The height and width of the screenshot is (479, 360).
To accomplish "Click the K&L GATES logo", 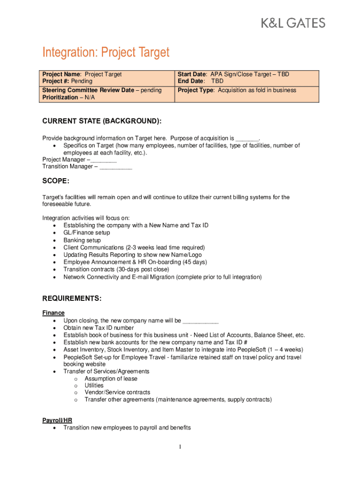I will (293, 22).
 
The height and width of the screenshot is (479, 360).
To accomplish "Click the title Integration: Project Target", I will (106, 52).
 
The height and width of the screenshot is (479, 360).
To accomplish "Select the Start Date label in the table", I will (192, 74).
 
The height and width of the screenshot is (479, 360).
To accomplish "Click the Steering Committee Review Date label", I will (88, 90).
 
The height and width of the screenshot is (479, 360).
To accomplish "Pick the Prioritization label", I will (60, 97).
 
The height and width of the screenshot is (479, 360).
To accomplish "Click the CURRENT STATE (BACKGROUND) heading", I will (102, 121).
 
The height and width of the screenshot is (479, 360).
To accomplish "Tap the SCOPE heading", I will (56, 181).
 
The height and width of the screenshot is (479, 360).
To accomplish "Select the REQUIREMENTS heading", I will (72, 298).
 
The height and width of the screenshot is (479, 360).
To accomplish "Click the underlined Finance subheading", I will (53, 313).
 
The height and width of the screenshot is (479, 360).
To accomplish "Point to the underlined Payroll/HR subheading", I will (57, 421).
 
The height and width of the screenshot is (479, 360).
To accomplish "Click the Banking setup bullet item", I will (82, 240).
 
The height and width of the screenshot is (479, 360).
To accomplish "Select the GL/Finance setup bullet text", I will (86, 232).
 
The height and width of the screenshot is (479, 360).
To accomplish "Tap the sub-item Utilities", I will (94, 385).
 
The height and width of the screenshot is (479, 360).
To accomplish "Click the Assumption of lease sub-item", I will (111, 378).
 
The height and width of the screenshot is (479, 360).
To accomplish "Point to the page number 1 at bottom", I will (180, 447).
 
